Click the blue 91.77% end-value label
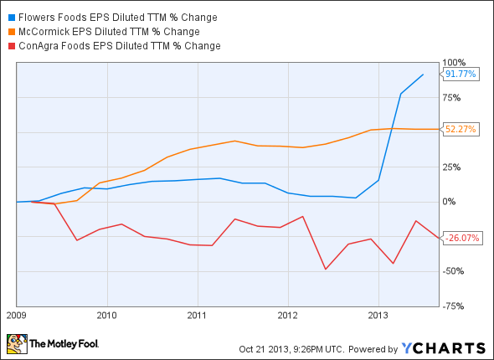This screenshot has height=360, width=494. click(459, 75)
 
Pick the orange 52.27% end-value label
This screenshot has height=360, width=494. click(459, 129)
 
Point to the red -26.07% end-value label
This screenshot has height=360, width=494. click(460, 238)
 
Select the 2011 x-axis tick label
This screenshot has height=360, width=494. click(197, 316)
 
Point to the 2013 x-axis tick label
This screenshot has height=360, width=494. click(378, 316)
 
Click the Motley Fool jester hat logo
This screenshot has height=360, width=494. click(16, 343)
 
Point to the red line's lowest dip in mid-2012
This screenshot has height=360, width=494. click(325, 269)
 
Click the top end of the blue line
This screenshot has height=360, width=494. click(423, 75)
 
